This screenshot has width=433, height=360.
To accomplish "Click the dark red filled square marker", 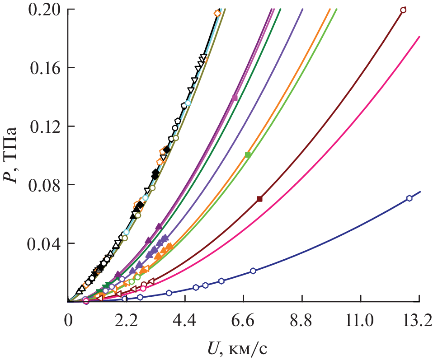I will click(x=259, y=199).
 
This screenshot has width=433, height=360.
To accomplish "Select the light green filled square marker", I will click(x=248, y=155).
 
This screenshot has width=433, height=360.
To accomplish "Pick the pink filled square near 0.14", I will click(x=235, y=98).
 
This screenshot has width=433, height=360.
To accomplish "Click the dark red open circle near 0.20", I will click(x=403, y=10).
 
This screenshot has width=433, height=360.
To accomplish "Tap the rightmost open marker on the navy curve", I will click(x=409, y=198).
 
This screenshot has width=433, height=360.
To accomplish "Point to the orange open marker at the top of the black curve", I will click(x=217, y=13).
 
